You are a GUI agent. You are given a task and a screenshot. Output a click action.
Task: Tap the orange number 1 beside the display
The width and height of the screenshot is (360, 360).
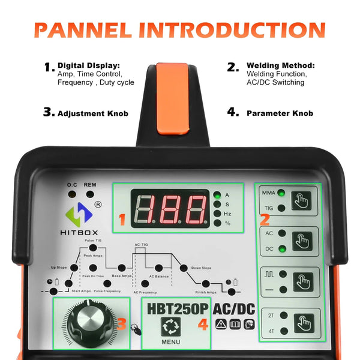point(122,220)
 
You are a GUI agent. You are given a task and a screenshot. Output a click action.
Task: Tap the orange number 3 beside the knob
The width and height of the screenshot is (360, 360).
point(122,325)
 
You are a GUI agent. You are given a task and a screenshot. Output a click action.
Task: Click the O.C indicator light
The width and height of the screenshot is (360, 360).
point(72,194)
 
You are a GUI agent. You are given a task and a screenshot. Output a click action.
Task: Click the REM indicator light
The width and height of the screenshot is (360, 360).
point(89,194)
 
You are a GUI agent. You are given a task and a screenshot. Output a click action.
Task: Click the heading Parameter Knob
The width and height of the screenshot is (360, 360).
point(280,113)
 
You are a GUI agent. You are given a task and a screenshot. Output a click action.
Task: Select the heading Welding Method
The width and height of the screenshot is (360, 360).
point(280,65)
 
